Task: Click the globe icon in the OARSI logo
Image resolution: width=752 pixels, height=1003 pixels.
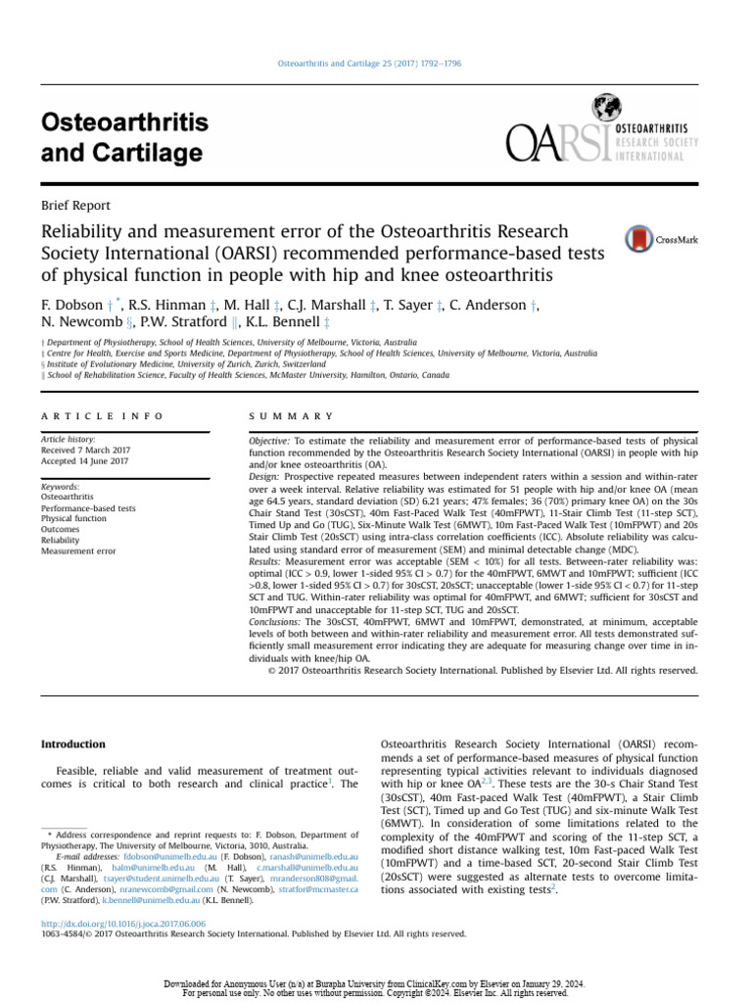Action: pyautogui.click(x=607, y=108)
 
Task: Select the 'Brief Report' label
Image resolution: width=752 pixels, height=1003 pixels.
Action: pyautogui.click(x=75, y=206)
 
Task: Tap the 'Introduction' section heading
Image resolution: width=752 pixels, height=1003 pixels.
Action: pyautogui.click(x=72, y=744)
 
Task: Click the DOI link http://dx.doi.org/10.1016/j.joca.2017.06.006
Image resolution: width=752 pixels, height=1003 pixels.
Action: pyautogui.click(x=123, y=924)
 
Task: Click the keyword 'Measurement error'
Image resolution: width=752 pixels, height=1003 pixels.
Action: pyautogui.click(x=78, y=551)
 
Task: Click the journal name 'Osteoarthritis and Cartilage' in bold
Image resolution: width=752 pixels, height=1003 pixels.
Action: pyautogui.click(x=124, y=138)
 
